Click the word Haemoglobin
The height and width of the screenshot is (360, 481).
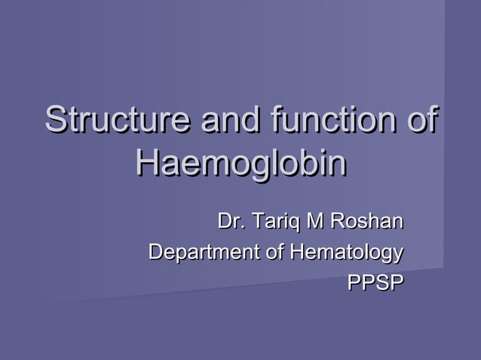(x=240, y=164)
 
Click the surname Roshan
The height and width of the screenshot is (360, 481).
(x=366, y=222)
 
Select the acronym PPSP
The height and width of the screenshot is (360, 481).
(x=375, y=282)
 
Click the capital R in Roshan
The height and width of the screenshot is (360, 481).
(x=335, y=222)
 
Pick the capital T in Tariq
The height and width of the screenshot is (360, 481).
(x=256, y=222)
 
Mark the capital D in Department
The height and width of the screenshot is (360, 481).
(x=155, y=252)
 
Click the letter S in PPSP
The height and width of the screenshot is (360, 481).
(x=381, y=282)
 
